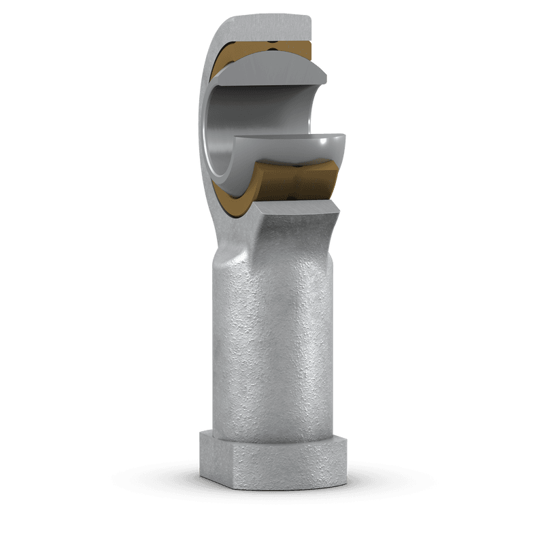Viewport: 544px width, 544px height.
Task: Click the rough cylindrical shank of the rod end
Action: click(x=272, y=340)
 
